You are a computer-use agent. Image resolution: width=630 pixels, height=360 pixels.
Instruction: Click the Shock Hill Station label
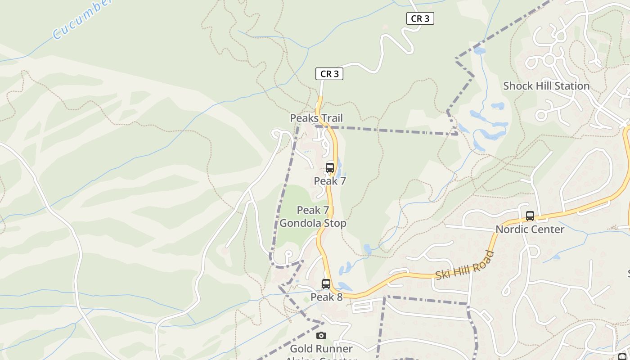546,86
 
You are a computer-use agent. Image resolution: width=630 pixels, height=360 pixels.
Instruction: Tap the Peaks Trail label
316,118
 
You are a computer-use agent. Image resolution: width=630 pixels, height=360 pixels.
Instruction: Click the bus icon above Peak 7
330,168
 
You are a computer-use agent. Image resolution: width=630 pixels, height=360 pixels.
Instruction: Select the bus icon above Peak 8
326,284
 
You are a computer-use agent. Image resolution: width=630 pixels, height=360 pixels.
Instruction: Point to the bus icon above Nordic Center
530,216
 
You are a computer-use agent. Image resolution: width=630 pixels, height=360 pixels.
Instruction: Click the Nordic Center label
530,229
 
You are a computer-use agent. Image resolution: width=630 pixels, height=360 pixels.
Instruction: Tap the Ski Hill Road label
465,266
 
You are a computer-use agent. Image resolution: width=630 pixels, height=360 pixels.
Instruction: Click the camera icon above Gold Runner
321,335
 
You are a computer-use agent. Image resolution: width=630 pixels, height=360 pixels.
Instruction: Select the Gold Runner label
321,349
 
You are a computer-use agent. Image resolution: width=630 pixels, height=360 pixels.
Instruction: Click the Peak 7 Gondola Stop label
313,217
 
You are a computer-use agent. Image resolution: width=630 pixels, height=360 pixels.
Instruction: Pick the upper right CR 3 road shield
420,18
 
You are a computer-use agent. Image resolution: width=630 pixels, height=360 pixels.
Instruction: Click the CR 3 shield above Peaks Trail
329,74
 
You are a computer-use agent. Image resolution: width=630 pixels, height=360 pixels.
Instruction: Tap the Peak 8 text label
326,297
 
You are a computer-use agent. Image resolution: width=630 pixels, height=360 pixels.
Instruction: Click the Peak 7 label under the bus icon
330,181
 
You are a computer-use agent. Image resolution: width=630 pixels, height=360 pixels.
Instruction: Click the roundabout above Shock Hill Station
549,59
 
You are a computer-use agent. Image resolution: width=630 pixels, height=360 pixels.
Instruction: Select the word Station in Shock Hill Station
570,86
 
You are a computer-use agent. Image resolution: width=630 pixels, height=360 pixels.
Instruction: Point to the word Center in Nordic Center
548,229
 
